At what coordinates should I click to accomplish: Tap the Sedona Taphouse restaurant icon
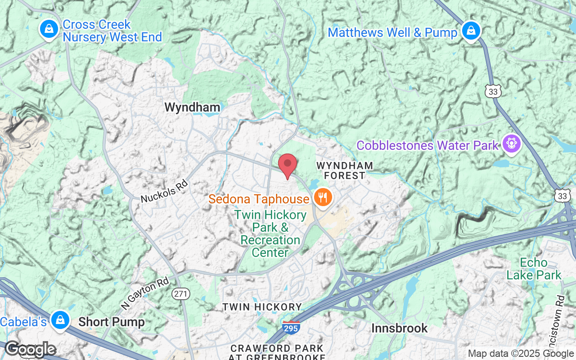[x=322, y=197]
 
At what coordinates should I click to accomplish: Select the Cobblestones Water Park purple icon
[x=512, y=144]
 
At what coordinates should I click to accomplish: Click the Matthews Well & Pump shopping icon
[x=470, y=31]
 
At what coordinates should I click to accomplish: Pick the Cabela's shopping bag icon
[x=59, y=320]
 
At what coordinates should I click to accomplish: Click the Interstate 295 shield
[x=291, y=328]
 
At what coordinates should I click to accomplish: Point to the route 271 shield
[x=181, y=294]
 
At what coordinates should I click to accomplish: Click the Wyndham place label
[x=192, y=107]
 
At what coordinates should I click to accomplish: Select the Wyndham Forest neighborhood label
[x=345, y=171]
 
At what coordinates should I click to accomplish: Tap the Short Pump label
[x=112, y=322]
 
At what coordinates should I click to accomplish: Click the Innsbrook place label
[x=400, y=328]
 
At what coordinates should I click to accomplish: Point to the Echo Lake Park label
[x=534, y=269]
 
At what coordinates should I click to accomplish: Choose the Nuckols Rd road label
[x=164, y=191]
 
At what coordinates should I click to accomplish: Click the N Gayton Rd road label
[x=144, y=293]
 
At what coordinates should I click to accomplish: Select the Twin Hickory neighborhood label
[x=262, y=307]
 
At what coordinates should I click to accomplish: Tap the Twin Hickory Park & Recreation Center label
[x=270, y=234]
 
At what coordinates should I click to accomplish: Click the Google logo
[x=30, y=349]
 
